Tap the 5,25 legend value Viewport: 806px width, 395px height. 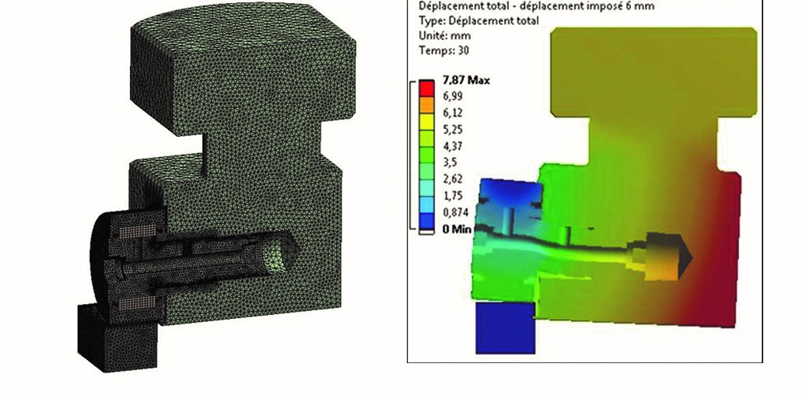point(454,130)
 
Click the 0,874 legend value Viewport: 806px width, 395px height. point(457,213)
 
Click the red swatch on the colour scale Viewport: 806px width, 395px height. point(425,86)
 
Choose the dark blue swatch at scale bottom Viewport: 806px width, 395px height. point(425,227)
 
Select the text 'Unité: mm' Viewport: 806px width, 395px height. point(447,36)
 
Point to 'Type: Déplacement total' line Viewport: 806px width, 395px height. point(478,21)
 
